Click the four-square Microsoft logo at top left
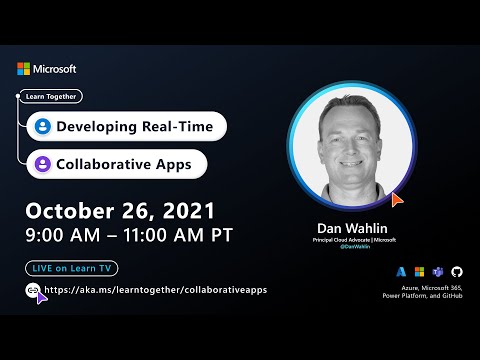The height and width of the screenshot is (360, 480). (x=23, y=69)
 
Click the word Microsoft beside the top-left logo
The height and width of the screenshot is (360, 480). (x=54, y=69)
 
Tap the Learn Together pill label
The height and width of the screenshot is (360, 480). (x=49, y=97)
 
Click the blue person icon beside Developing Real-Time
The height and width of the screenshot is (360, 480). (x=42, y=127)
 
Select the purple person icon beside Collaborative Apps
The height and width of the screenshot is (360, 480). (x=42, y=163)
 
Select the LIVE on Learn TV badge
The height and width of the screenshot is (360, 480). (x=70, y=269)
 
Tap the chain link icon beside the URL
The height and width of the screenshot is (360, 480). (x=33, y=290)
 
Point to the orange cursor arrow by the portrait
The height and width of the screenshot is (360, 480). (x=397, y=200)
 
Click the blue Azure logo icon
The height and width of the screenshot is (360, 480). (x=401, y=271)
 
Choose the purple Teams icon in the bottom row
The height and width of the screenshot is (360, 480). (x=437, y=271)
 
